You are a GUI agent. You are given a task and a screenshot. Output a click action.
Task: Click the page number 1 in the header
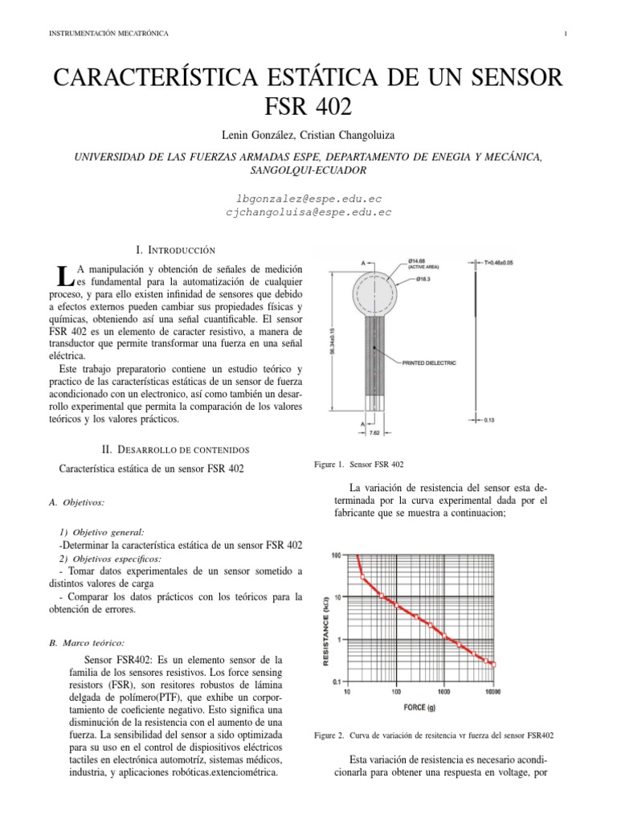[x=566, y=33]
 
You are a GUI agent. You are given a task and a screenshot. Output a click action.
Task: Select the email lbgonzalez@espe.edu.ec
[x=308, y=197]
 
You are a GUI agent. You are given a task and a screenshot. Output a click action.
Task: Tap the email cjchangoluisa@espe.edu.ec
[x=308, y=212]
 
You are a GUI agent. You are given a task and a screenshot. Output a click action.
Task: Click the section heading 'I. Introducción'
[x=177, y=251]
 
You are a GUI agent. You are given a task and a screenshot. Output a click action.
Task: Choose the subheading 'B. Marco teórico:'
[x=87, y=643]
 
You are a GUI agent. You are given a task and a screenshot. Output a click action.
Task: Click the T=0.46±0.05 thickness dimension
[x=509, y=261]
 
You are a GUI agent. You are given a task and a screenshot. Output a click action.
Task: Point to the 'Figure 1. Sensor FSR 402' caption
[x=359, y=465]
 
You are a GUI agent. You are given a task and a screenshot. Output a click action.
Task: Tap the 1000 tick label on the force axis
[x=443, y=691]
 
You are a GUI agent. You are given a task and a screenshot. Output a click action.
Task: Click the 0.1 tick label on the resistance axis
[x=337, y=682]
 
